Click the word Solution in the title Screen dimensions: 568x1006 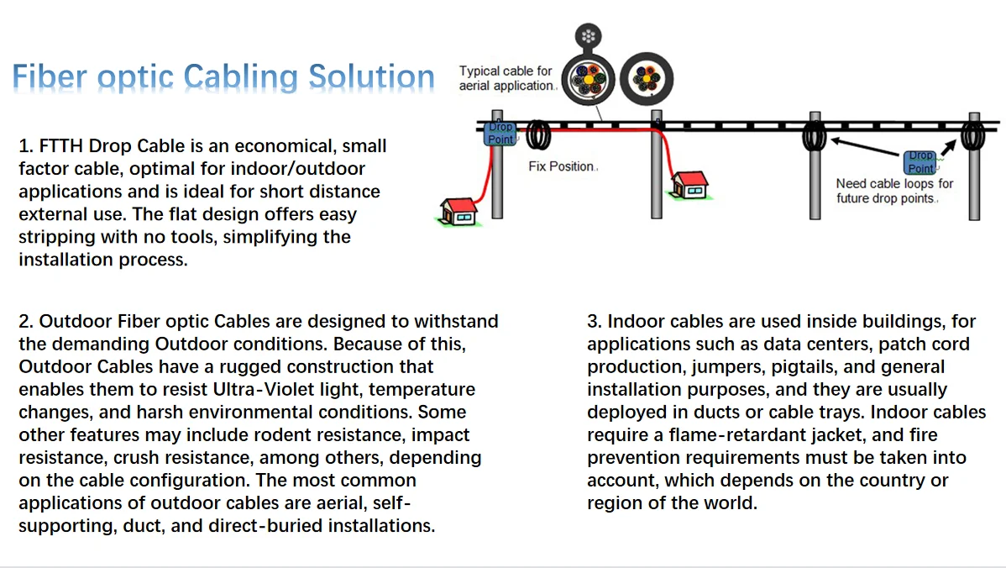point(371,77)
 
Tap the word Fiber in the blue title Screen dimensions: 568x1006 point(50,77)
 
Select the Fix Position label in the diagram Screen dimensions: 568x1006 point(561,166)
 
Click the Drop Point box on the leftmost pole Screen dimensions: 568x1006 point(500,134)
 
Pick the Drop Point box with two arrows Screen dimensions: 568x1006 point(920,162)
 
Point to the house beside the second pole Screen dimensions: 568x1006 point(689,185)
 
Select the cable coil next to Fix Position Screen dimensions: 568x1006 point(538,134)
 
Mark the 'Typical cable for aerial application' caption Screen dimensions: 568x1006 point(506,78)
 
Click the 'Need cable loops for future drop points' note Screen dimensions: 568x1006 point(894,191)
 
